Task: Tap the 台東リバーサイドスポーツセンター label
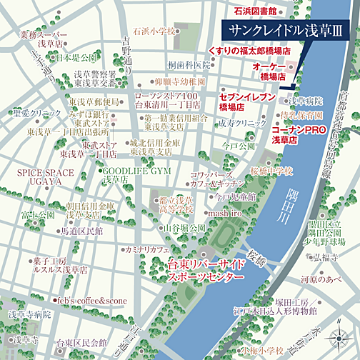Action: click(205, 269)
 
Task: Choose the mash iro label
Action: click(226, 213)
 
